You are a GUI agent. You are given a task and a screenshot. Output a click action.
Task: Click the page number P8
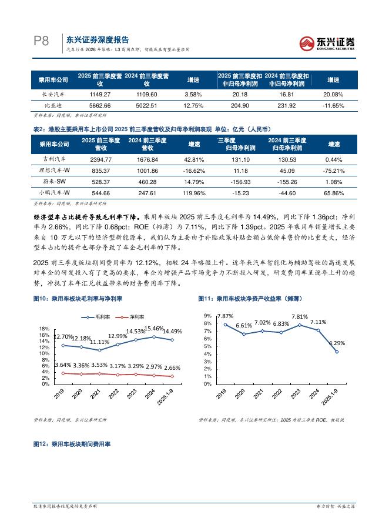(x=40, y=41)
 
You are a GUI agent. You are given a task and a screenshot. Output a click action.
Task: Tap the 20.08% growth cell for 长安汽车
(x=334, y=94)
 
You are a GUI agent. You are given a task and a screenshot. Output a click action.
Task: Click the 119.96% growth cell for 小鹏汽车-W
(x=193, y=192)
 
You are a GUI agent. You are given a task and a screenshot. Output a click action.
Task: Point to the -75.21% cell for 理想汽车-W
(x=334, y=171)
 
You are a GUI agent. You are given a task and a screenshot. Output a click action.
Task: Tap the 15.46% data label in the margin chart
(x=155, y=328)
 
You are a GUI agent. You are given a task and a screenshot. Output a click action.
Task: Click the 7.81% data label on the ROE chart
(x=300, y=316)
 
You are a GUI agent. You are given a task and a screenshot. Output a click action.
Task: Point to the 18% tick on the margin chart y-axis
(x=44, y=329)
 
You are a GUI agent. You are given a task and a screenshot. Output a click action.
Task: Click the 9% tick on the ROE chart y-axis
(x=207, y=316)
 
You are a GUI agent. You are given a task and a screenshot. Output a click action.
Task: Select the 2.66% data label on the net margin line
(x=173, y=367)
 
